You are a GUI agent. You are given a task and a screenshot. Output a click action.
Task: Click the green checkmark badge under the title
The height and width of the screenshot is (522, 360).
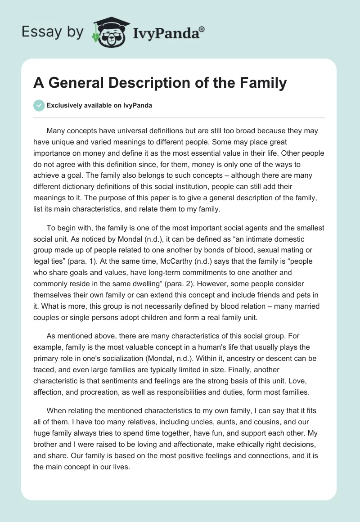[x=39, y=105]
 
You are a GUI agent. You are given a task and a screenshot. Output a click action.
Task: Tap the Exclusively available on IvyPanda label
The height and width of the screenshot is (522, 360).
[x=99, y=106]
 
